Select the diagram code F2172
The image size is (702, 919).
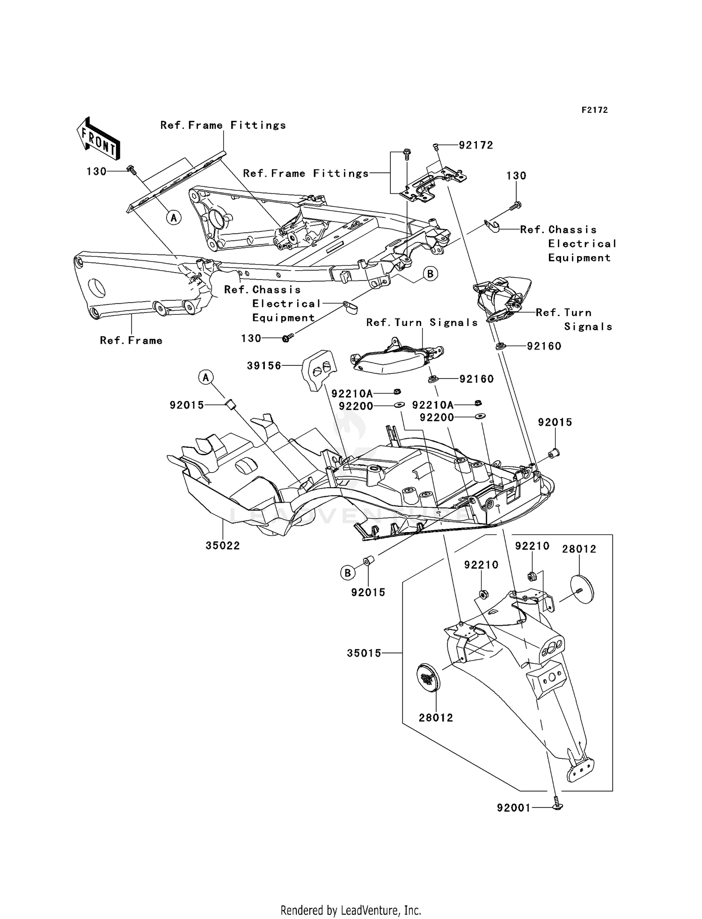click(x=594, y=110)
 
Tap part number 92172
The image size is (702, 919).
click(x=476, y=145)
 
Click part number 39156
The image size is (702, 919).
click(x=264, y=366)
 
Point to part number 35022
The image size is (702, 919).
click(x=223, y=545)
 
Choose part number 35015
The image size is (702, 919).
click(x=364, y=653)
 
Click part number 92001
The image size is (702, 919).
click(x=514, y=808)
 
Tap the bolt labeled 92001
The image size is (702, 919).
click(x=557, y=804)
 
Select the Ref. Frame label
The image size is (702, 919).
click(x=131, y=341)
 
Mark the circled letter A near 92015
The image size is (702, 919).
click(x=206, y=377)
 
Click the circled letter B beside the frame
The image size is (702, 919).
click(x=431, y=274)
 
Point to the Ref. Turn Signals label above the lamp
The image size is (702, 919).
click(x=422, y=322)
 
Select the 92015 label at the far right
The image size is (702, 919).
click(x=555, y=422)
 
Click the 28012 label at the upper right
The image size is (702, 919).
click(x=579, y=549)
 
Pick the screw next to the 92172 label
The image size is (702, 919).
click(x=436, y=147)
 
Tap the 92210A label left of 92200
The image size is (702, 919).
click(x=352, y=394)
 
